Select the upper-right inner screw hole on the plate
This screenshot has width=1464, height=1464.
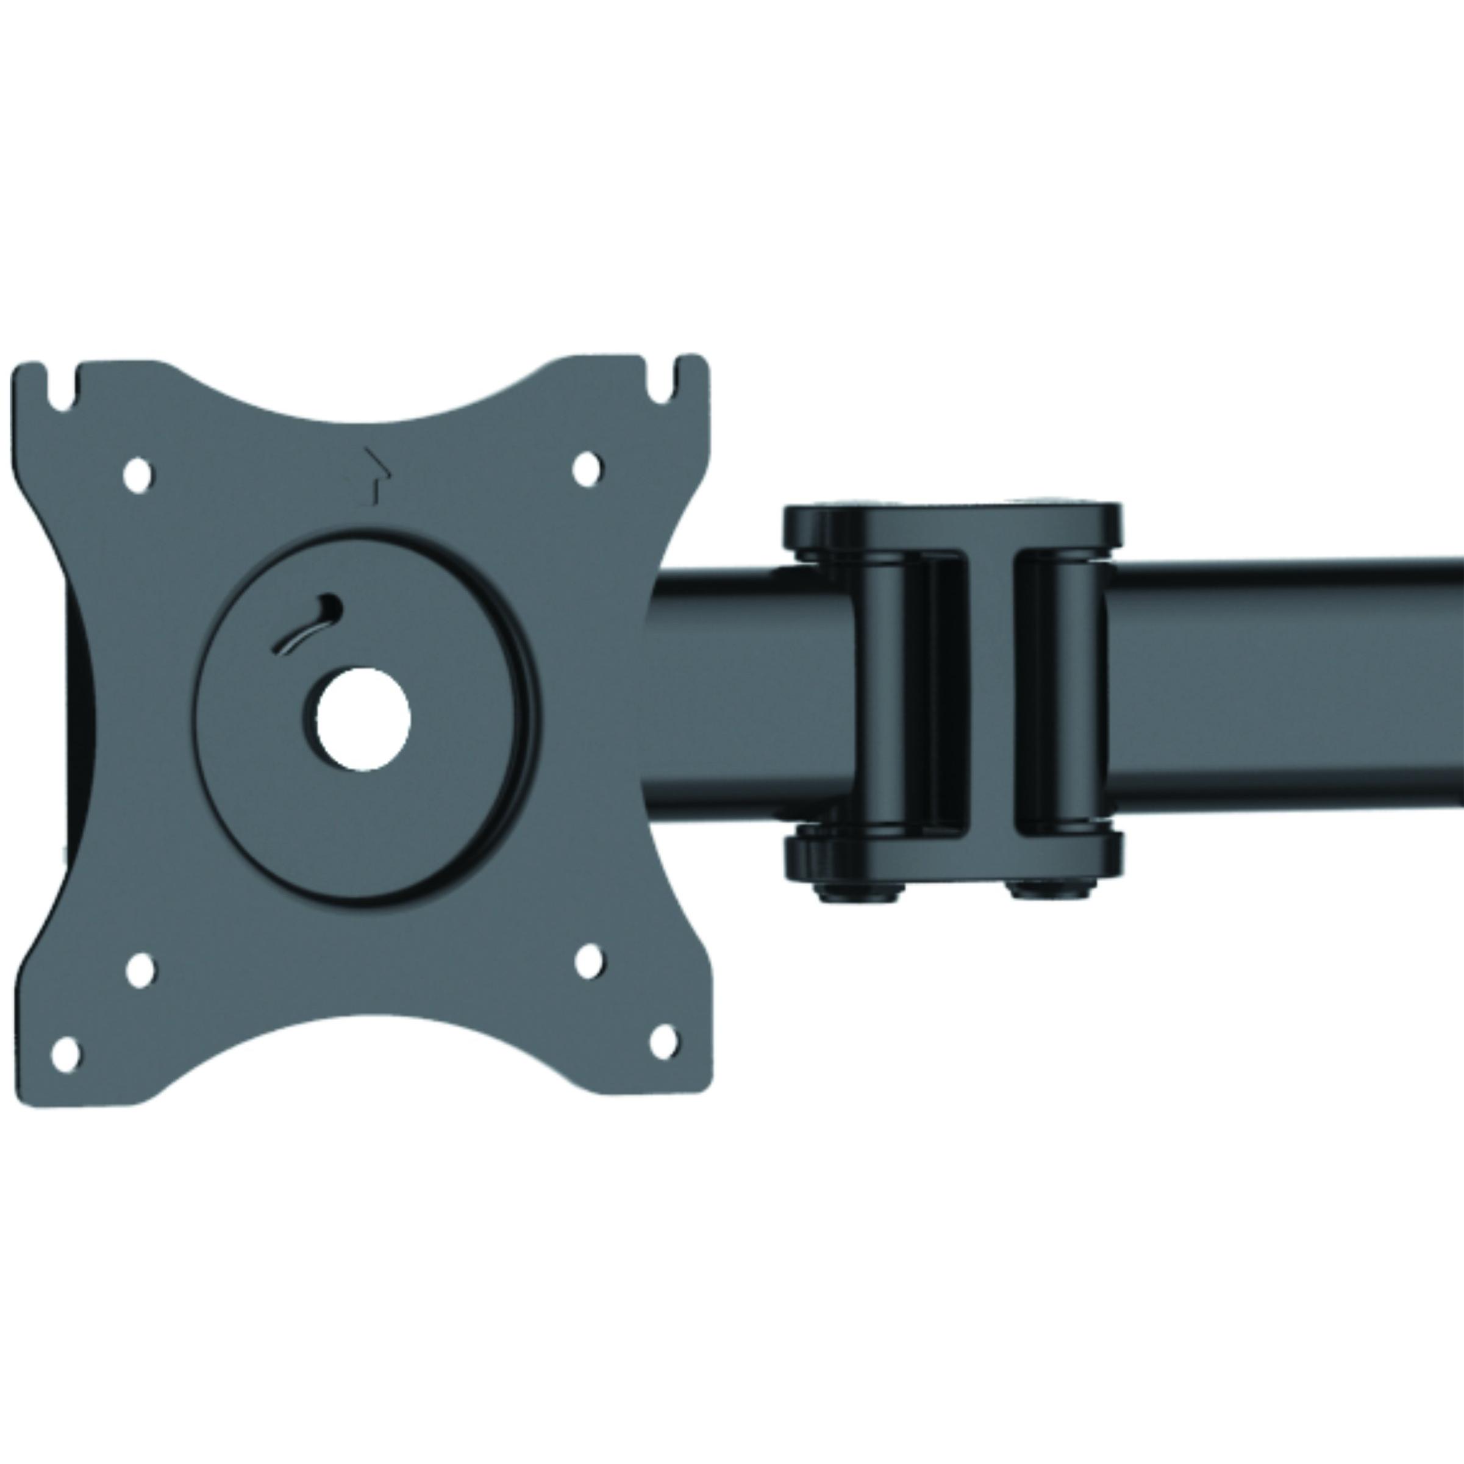click(x=586, y=468)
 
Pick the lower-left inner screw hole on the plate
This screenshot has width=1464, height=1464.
click(x=140, y=970)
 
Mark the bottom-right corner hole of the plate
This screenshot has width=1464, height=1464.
click(x=664, y=1041)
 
